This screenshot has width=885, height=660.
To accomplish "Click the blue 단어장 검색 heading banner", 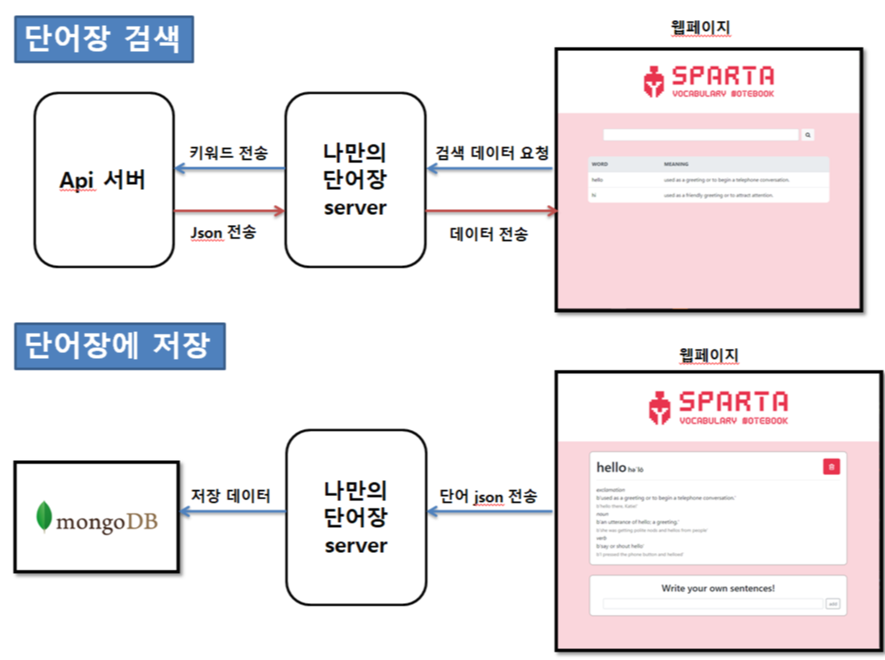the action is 104,40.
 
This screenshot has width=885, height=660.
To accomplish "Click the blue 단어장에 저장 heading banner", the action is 120,345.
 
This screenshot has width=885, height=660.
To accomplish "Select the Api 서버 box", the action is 104,180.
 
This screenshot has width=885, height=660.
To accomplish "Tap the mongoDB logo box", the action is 97,516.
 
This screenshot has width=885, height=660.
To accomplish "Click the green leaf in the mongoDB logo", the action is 43,517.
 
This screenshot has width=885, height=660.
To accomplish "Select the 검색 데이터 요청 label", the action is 492,152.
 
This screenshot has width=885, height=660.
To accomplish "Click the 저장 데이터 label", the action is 231,495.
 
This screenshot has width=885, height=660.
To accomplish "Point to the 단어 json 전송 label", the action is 489,495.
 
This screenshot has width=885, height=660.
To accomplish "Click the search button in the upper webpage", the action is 808,134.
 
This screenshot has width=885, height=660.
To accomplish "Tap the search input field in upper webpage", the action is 701,134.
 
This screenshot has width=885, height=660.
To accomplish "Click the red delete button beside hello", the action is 831,467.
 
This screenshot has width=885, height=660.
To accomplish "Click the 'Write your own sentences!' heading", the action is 718,588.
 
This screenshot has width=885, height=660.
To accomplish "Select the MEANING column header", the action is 676,164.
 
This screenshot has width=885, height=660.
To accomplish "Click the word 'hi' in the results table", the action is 594,195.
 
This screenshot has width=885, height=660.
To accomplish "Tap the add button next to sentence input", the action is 832,603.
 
